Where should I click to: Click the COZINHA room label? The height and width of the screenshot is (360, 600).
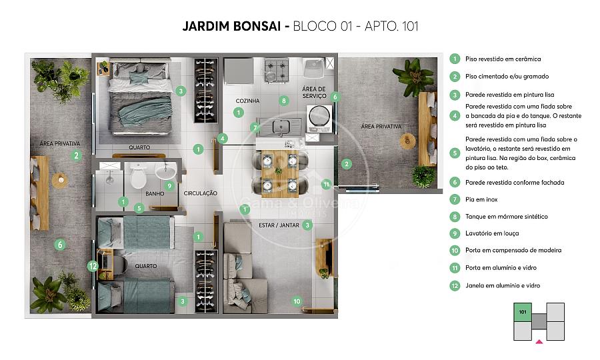point(247,101)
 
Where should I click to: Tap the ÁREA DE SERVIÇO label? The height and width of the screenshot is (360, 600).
point(314,92)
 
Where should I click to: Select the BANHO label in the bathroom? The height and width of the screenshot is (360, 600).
point(155,193)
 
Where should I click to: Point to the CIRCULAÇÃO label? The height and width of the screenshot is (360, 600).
point(201,193)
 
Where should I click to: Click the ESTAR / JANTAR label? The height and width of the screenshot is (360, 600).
point(279,225)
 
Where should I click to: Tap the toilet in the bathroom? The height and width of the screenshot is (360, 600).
point(138,176)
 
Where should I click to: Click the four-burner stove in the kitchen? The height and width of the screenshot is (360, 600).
point(275,70)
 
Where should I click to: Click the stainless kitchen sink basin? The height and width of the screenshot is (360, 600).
point(281,126)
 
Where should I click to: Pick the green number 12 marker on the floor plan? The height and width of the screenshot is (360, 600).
point(93,265)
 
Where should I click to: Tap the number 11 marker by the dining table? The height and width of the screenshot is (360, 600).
point(326,185)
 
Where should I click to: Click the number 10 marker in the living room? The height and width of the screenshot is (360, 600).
point(297,301)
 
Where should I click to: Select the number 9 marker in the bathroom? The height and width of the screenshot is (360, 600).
point(169,186)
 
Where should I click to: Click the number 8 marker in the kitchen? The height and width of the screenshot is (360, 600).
point(283,101)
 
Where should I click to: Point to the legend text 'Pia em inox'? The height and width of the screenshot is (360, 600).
point(481,199)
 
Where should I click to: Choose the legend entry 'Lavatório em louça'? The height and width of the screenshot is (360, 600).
point(492,233)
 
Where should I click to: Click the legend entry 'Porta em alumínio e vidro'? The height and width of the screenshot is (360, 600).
point(501,268)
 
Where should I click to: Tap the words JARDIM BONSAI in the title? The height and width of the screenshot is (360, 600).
point(231,26)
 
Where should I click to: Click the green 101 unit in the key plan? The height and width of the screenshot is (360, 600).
point(522,312)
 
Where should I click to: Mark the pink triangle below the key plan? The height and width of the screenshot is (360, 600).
point(539,341)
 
